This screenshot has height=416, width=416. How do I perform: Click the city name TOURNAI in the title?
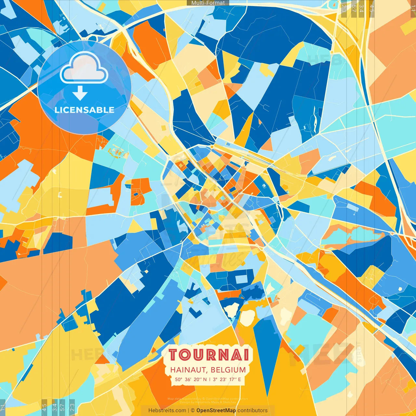point(209,355)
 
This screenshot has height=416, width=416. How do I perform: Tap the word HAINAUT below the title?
point(188,370)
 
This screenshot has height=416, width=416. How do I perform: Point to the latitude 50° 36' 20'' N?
point(190,379)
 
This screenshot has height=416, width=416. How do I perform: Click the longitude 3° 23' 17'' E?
point(227,379)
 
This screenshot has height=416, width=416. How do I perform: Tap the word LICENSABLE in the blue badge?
point(84,110)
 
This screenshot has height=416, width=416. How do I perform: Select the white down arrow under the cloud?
point(80,93)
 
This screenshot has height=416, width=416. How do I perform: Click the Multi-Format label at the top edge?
point(208,3)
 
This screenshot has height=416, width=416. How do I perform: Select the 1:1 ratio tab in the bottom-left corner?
point(3,407)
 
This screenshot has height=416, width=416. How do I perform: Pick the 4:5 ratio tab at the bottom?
point(44,407)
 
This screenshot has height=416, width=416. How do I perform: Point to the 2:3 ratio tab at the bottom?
point(72,407)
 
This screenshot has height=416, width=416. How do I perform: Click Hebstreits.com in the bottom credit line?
point(167,410)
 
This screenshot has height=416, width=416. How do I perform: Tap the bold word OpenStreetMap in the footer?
point(216,410)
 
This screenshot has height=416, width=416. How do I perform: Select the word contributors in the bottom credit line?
point(253,410)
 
